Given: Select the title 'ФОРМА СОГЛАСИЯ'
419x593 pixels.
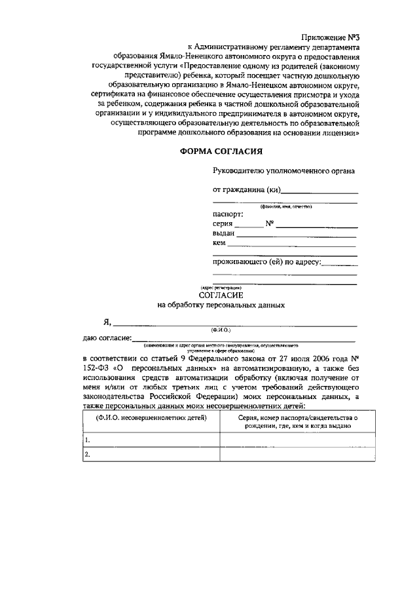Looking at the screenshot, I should coord(221,152).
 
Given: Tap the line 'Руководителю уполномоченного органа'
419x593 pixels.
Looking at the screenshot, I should coord(284,171).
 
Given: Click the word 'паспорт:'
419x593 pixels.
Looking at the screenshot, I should coord(228,214).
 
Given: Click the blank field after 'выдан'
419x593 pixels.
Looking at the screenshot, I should coord(297,234).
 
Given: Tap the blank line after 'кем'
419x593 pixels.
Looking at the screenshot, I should coord(291,244).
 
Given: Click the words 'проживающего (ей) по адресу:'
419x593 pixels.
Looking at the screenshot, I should coord(267,262).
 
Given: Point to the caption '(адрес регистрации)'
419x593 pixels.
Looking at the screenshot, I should coord(221,288).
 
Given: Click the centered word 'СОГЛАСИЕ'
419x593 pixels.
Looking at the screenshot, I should coord(221,296).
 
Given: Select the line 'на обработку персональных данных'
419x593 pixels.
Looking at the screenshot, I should coord(221,305).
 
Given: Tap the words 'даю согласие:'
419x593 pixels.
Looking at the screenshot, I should coord(107,338).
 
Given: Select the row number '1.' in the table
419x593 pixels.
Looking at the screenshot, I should coord(87,440).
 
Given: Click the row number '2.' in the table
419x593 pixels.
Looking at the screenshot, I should coord(87,454).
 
